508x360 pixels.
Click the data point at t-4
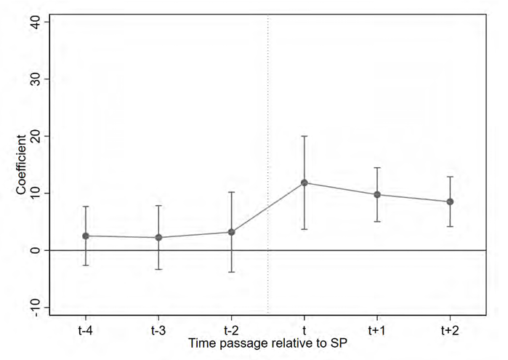86,236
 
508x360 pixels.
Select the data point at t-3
158,237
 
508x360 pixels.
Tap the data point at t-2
231,232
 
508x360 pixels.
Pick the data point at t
304,183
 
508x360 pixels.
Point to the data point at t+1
376,194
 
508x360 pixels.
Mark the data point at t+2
450,201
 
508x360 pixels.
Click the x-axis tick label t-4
86,329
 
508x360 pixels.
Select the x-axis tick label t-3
158,329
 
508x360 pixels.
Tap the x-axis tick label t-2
231,329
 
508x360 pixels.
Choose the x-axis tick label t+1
376,329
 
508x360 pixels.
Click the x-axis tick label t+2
450,329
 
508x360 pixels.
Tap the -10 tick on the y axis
38,307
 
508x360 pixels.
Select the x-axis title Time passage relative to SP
267,342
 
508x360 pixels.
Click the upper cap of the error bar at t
304,136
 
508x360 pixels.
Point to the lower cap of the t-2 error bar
231,272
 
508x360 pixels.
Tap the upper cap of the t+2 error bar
450,177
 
